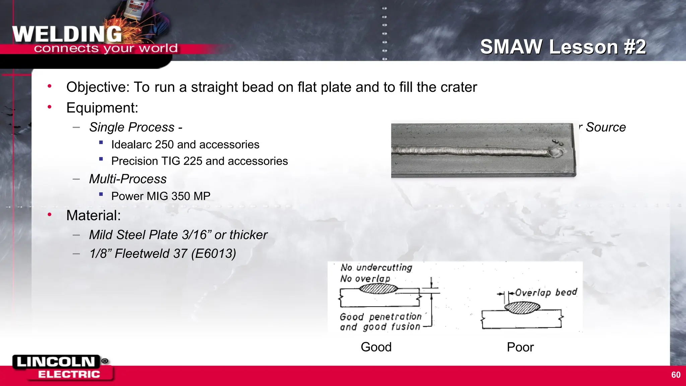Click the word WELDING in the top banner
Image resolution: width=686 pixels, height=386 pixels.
click(x=67, y=34)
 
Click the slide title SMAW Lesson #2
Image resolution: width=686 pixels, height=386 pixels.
click(x=563, y=47)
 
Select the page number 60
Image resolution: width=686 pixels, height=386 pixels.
click(x=676, y=375)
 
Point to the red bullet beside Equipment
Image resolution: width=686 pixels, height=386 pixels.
click(x=50, y=107)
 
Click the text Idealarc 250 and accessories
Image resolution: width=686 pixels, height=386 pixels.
click(x=185, y=144)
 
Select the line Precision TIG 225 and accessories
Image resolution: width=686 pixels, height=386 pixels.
click(x=199, y=161)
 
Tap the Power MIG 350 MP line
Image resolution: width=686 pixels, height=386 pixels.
click(x=161, y=196)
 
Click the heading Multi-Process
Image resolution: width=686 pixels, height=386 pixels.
click(x=128, y=179)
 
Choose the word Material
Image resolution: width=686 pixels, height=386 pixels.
click(x=93, y=215)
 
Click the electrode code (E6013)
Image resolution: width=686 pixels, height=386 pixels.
click(x=214, y=254)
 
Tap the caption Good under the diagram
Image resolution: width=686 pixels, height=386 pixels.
click(x=376, y=347)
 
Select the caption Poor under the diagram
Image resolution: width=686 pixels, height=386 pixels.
click(x=520, y=347)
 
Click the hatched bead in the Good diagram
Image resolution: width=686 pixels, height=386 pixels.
click(x=379, y=288)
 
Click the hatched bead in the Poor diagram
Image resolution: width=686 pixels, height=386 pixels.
click(x=522, y=308)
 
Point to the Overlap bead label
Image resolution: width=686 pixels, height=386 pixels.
click(x=546, y=293)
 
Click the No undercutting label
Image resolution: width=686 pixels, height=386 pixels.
click(x=376, y=267)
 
